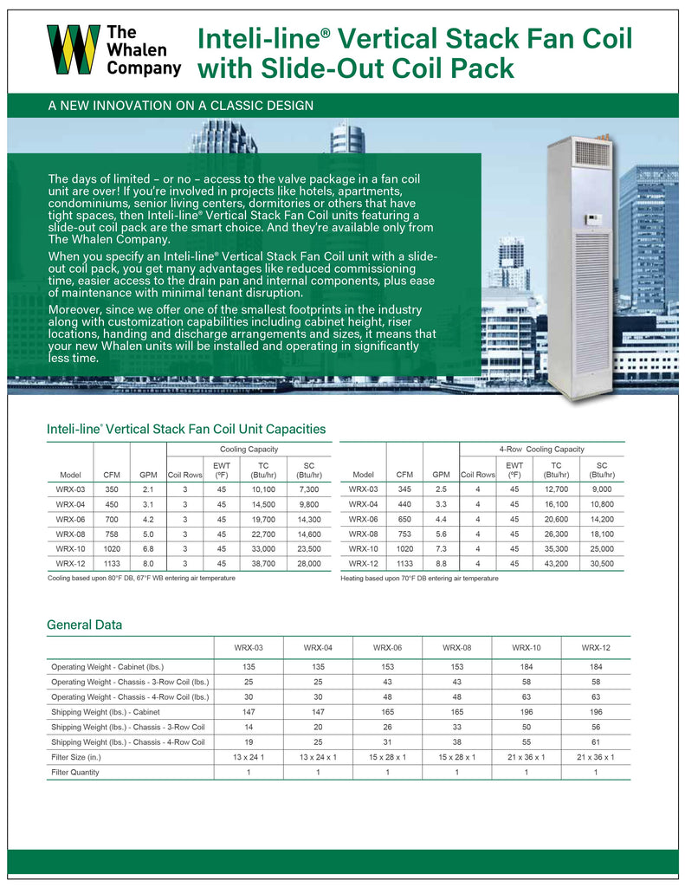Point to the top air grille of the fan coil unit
coord(593,154)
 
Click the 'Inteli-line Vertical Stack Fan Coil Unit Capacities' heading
coord(186,429)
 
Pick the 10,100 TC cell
coord(262,489)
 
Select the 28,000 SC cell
coord(308,563)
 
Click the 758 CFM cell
coord(112,534)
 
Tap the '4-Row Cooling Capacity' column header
coord(541,449)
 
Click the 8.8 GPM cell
coord(442,563)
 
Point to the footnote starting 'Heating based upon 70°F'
coord(420,578)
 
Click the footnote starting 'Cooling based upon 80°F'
coord(141,578)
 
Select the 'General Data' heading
coord(84,625)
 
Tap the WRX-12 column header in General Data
coord(596,648)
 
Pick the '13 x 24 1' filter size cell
coord(249,757)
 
